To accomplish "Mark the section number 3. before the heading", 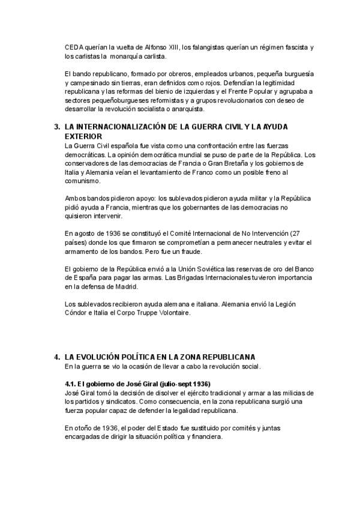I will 57,127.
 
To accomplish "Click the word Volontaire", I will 172,313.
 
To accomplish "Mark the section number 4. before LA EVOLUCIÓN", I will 57,356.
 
